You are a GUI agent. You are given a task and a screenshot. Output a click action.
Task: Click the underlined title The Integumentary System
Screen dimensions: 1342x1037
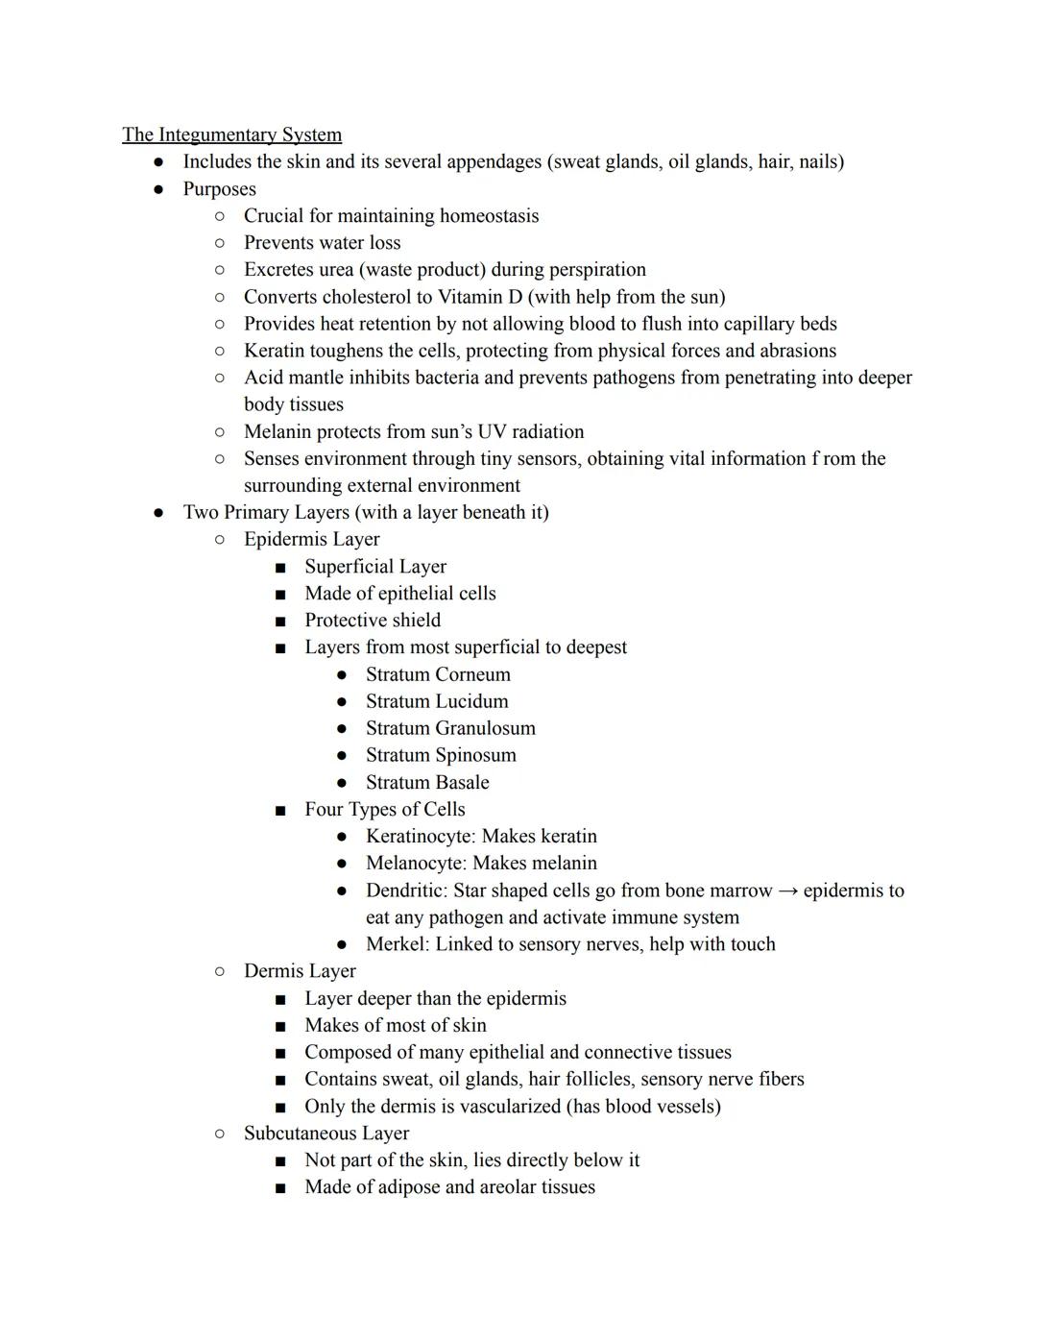click(x=231, y=134)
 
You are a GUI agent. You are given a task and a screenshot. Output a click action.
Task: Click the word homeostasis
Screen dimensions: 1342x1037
click(x=489, y=216)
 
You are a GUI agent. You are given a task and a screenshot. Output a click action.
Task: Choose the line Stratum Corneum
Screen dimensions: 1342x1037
click(x=438, y=674)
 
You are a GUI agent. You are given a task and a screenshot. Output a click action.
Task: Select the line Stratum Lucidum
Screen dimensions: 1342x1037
click(x=437, y=701)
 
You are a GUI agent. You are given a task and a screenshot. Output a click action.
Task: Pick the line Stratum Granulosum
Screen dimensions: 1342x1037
click(x=450, y=728)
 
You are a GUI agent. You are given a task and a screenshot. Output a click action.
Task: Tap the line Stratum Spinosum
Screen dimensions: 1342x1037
click(x=441, y=755)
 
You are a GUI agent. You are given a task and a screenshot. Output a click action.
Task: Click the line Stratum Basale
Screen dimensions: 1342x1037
click(x=427, y=782)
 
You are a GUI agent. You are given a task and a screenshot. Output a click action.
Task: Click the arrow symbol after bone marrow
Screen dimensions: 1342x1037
click(x=787, y=891)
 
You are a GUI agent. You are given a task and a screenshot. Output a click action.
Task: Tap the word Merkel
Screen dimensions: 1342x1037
click(x=396, y=944)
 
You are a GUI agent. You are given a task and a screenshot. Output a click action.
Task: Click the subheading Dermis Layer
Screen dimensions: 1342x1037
click(x=300, y=971)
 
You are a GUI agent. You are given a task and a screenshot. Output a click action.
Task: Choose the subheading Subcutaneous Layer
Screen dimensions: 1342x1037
click(x=326, y=1134)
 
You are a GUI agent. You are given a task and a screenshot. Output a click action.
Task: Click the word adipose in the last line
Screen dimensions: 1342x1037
click(x=405, y=1187)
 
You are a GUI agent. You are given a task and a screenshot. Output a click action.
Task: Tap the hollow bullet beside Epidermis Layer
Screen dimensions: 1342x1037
click(x=220, y=540)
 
